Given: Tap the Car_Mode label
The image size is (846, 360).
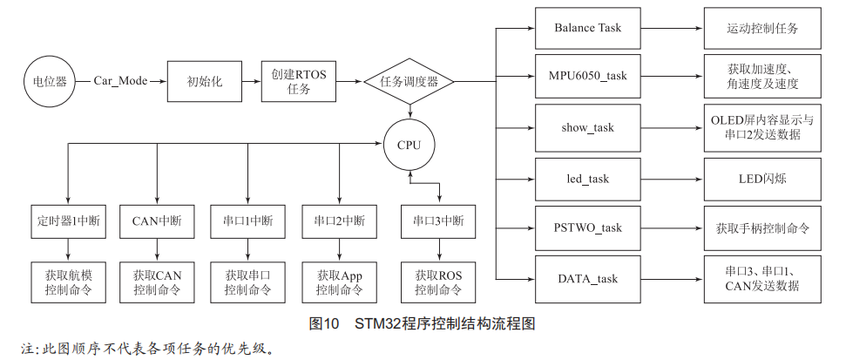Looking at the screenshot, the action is (120, 81).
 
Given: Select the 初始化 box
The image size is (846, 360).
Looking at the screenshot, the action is (205, 81).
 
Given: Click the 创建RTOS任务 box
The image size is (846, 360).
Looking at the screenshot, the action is (299, 81).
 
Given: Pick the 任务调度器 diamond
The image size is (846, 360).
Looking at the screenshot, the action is (409, 82).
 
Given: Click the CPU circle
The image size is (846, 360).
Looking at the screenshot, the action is (409, 145).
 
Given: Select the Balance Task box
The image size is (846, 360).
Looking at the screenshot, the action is (587, 28).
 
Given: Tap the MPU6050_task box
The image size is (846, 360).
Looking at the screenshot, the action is (587, 76).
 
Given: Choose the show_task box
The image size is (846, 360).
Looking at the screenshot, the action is (587, 128).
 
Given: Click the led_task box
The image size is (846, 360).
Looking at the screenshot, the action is (587, 180).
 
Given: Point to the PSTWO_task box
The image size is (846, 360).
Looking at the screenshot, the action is (587, 228).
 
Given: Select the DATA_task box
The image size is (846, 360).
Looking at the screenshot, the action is (587, 279).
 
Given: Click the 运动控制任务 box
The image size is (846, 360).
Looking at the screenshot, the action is (762, 28).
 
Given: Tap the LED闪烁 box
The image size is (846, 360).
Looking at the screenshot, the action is (762, 180).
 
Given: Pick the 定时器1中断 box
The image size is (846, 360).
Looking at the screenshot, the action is (69, 221).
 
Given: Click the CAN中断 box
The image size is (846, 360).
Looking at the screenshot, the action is (157, 221).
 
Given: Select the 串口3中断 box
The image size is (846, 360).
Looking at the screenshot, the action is (438, 221).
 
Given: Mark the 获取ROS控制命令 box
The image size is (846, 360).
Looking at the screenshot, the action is (438, 282).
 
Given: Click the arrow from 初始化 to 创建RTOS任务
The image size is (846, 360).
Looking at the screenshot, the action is (252, 81).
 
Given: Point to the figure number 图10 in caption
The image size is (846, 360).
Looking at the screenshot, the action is (324, 324).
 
